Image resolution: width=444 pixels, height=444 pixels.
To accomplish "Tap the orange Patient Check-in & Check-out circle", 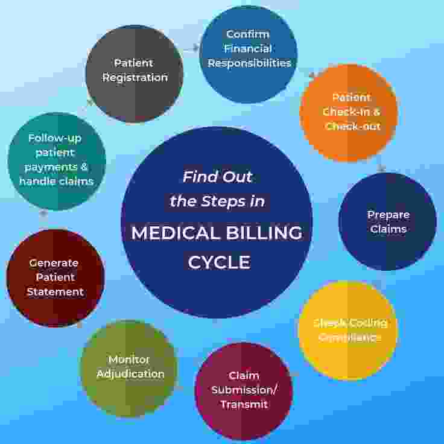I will [x=349, y=113].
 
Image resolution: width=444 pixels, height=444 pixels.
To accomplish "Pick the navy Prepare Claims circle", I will [x=387, y=222].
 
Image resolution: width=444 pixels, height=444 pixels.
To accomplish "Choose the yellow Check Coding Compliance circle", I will [x=348, y=330].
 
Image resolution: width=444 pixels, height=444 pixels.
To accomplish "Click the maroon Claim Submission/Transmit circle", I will [x=243, y=391].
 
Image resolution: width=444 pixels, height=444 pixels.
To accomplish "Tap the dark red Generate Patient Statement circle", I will [x=55, y=278].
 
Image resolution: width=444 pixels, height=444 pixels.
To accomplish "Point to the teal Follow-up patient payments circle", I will [x=56, y=160].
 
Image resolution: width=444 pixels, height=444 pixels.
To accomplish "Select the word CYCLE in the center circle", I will [x=218, y=262].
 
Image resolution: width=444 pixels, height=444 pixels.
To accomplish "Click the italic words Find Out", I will [x=218, y=177].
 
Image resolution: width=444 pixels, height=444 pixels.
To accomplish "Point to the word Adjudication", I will [x=130, y=374].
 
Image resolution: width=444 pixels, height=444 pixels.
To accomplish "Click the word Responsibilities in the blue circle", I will [x=249, y=63].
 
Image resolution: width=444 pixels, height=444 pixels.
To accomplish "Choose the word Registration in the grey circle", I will [x=135, y=78].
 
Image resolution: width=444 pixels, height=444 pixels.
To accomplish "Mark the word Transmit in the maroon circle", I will [x=244, y=405].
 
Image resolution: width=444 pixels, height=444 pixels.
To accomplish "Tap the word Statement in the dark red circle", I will [x=55, y=292].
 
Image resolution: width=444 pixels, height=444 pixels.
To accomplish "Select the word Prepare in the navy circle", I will [x=388, y=215].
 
